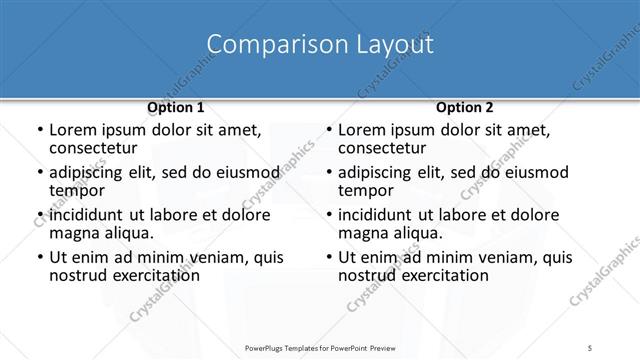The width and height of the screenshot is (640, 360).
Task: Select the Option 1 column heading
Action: click(x=176, y=107)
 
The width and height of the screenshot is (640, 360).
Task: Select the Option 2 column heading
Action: click(x=464, y=107)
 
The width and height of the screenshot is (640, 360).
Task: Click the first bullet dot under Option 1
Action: click(x=37, y=131)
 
